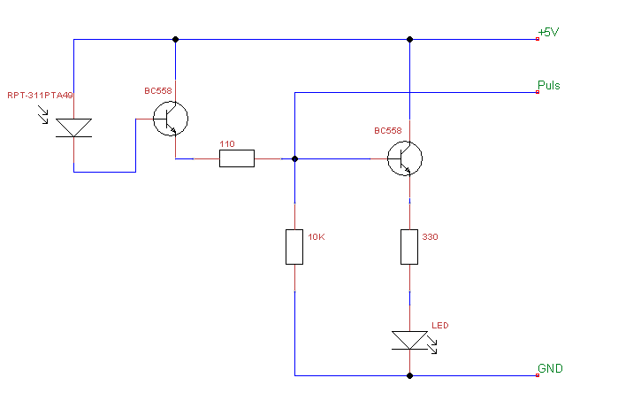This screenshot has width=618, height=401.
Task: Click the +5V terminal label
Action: coord(549,33)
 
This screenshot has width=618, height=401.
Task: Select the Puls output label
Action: coord(549,86)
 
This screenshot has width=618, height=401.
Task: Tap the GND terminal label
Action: coord(550,368)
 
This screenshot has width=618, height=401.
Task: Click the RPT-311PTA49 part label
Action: coord(40,96)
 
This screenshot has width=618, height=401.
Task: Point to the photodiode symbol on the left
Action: coord(73,127)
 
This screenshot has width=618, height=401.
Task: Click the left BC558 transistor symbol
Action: coord(171,120)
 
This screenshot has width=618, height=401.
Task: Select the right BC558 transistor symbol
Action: coord(405,158)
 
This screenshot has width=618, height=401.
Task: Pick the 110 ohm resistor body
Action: coord(237,158)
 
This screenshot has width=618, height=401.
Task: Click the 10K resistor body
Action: coord(294,246)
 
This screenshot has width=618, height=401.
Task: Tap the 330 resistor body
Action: coord(409,246)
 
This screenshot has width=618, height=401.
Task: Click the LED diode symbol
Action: coord(409,338)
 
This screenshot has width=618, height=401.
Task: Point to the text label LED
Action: coord(440,326)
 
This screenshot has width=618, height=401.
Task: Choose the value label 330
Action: coord(431,237)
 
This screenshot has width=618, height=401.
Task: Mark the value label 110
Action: coord(226,143)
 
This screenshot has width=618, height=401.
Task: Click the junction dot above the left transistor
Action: coord(176,39)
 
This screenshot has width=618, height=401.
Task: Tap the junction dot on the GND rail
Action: coord(409,375)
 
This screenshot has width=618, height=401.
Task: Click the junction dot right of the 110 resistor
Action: coord(294,158)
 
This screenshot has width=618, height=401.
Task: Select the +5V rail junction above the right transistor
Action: coord(409,39)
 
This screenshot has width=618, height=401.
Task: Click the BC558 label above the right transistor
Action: coord(387,130)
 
